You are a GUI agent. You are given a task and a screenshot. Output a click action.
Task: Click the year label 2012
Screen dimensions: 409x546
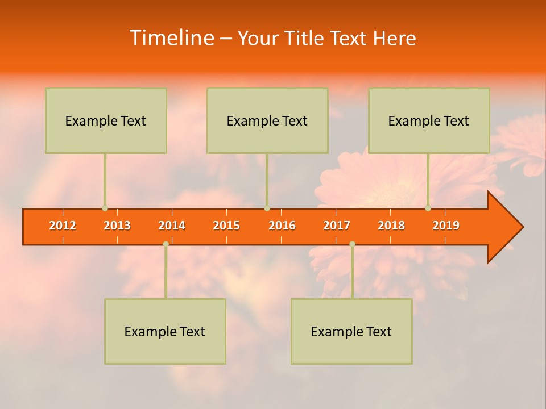click(63, 226)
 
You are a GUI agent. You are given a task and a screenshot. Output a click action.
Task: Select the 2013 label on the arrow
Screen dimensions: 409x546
click(117, 226)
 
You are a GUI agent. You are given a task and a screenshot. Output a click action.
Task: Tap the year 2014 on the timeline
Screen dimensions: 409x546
click(172, 226)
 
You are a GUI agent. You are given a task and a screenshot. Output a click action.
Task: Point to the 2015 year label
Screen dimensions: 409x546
click(226, 226)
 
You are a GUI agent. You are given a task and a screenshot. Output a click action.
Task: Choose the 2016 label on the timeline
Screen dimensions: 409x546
click(282, 226)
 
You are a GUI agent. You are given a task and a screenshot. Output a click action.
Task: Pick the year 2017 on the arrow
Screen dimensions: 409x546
click(337, 226)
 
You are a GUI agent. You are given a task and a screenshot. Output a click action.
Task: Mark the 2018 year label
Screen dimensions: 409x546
click(391, 226)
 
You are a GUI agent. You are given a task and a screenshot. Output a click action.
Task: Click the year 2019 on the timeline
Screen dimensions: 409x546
click(446, 226)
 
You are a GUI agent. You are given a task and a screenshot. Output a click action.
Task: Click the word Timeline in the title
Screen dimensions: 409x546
click(171, 38)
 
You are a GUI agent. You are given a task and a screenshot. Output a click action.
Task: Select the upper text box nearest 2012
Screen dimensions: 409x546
click(106, 120)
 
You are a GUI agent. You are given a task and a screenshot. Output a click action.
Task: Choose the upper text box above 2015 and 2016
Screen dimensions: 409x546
click(267, 120)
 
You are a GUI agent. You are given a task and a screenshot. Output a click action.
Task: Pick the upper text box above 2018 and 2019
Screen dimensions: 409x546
click(429, 120)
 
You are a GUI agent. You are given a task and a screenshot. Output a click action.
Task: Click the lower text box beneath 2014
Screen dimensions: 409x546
click(165, 331)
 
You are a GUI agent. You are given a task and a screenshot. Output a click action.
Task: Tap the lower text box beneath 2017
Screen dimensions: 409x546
click(351, 331)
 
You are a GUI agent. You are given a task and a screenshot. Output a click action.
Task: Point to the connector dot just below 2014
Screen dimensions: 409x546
click(166, 244)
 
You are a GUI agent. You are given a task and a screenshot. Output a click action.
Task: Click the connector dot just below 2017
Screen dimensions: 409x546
click(352, 244)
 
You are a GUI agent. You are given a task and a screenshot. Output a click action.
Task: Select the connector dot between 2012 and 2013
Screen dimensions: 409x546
click(105, 208)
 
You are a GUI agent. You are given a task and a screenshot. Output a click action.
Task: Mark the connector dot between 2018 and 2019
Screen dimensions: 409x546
click(428, 208)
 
